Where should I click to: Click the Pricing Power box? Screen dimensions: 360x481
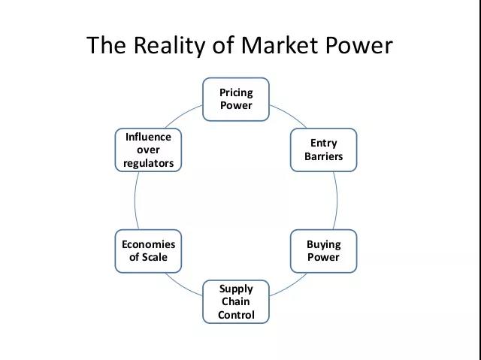(x=236, y=98)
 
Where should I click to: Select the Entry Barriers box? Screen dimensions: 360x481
(x=323, y=150)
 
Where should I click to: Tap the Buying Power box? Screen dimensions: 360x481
(x=323, y=250)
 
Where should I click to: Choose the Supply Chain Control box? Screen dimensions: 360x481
(x=236, y=301)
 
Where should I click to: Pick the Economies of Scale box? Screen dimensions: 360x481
(x=149, y=250)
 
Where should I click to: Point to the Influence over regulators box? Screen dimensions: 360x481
(x=149, y=150)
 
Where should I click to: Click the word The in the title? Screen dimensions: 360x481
(x=104, y=45)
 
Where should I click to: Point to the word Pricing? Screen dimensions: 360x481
(x=236, y=92)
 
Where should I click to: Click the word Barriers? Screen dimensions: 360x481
(x=323, y=156)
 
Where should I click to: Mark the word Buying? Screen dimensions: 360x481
(x=323, y=244)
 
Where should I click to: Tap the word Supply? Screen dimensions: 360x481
(x=236, y=289)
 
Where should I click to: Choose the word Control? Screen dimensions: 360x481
(x=236, y=315)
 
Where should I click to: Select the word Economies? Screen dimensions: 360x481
(x=149, y=244)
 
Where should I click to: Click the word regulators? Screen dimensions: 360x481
(x=149, y=163)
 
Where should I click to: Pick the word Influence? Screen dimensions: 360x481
(x=149, y=137)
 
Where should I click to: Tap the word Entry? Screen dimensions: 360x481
(x=323, y=143)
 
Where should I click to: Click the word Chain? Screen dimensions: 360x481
(x=236, y=301)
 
